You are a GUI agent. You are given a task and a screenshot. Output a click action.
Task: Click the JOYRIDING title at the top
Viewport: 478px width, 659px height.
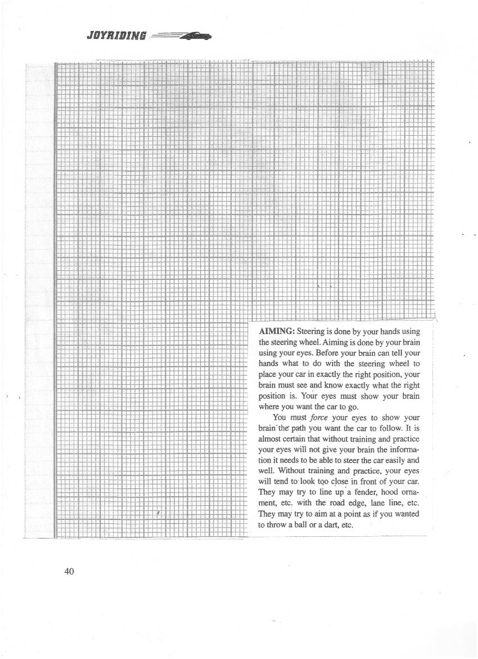(x=117, y=37)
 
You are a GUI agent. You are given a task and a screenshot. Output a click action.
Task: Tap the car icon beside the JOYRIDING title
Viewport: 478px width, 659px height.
(x=194, y=36)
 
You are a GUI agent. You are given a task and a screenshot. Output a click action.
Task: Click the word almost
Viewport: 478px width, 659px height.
(x=270, y=439)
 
